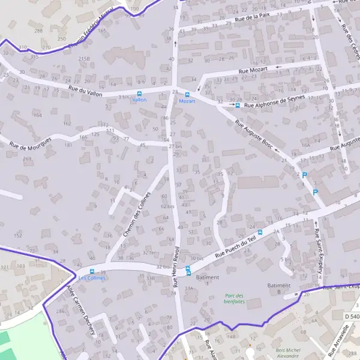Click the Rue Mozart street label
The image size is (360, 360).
(252, 70)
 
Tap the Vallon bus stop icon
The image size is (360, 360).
(140, 94)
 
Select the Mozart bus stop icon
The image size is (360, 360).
(187, 94)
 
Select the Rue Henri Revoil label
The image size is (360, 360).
(176, 268)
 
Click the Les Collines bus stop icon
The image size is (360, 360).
(92, 272)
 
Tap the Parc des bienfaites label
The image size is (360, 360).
(235, 298)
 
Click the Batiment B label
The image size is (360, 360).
(278, 288)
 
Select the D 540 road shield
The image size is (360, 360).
(353, 316)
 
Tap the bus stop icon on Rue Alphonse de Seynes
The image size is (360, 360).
(237, 105)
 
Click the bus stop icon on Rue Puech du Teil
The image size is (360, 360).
(260, 232)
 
